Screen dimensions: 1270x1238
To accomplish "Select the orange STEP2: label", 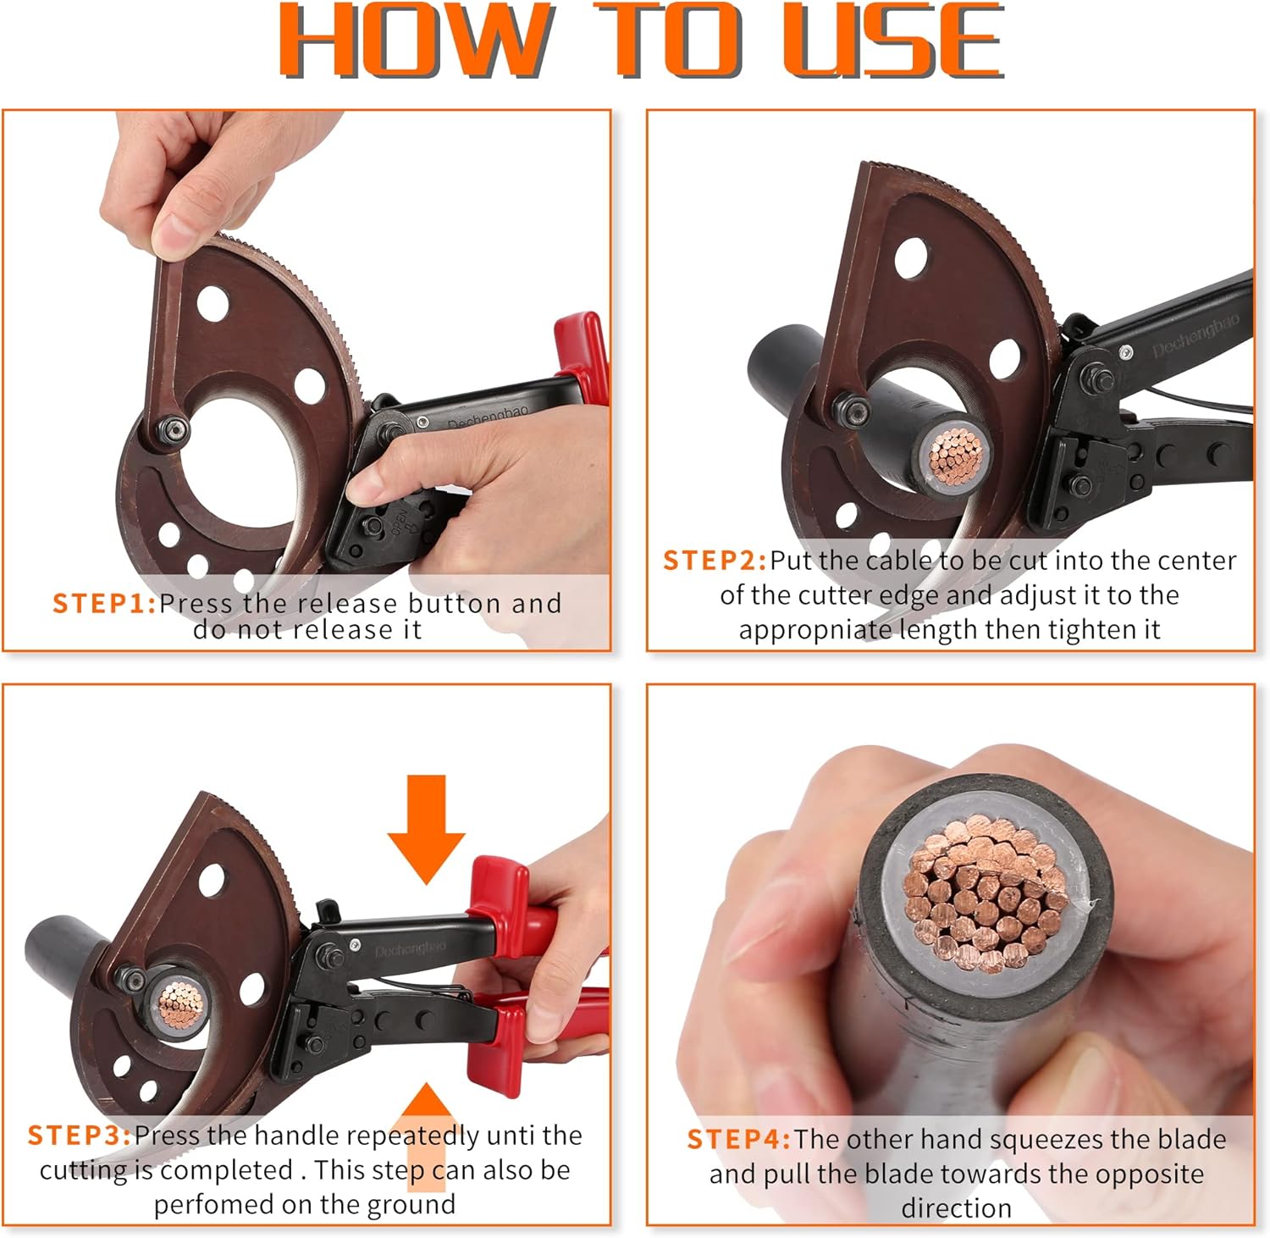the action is point(715,561).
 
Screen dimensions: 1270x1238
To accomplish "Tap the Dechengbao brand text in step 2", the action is point(1195,334).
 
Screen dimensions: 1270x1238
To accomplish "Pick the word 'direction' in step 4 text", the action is point(956,1208).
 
